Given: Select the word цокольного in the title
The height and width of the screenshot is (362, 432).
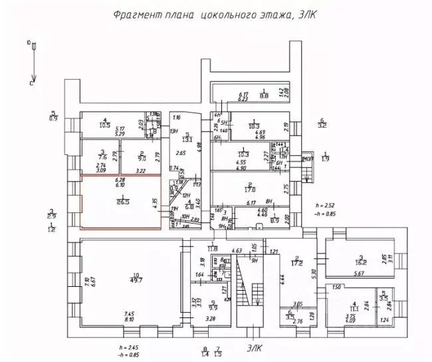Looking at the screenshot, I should pyautogui.click(x=225, y=15).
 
